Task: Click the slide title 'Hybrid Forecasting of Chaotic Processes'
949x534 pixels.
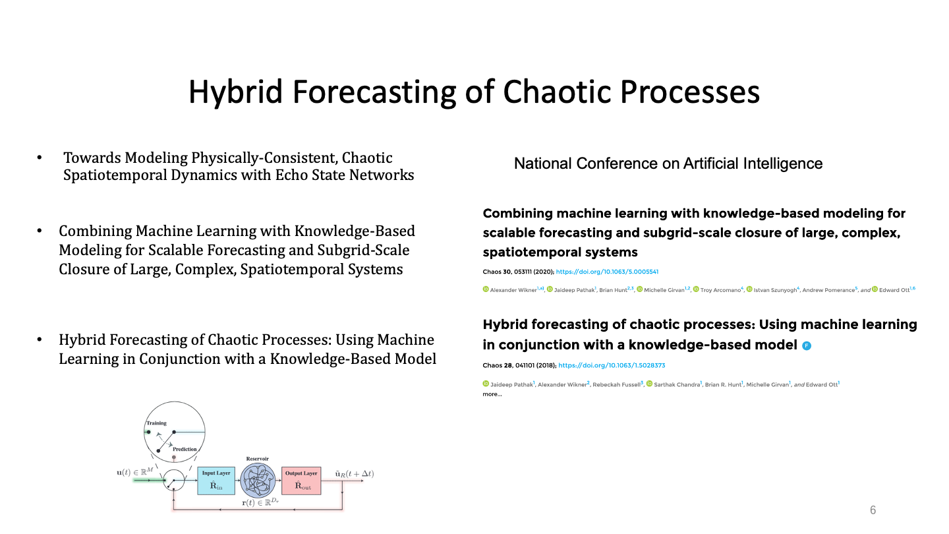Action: click(474, 92)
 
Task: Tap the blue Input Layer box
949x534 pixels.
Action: click(216, 481)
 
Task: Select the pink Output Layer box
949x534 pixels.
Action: click(301, 481)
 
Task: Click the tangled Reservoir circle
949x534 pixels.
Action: click(258, 480)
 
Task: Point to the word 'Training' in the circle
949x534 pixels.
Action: click(156, 423)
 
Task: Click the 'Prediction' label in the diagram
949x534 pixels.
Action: click(185, 449)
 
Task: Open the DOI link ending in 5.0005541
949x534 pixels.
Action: click(607, 272)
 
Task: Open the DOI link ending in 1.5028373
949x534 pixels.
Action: click(612, 365)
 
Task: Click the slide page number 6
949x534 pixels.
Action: click(873, 510)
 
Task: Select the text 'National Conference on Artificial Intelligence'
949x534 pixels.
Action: click(668, 163)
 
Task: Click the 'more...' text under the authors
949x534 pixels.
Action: click(492, 394)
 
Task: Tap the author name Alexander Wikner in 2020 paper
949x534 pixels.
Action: click(513, 290)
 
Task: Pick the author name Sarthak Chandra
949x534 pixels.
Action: click(677, 385)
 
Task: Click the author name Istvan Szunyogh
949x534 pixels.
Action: click(775, 290)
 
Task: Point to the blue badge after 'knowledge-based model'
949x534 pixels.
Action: click(807, 346)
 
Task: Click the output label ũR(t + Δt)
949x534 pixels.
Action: click(355, 474)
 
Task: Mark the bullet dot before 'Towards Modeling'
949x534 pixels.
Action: click(40, 158)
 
